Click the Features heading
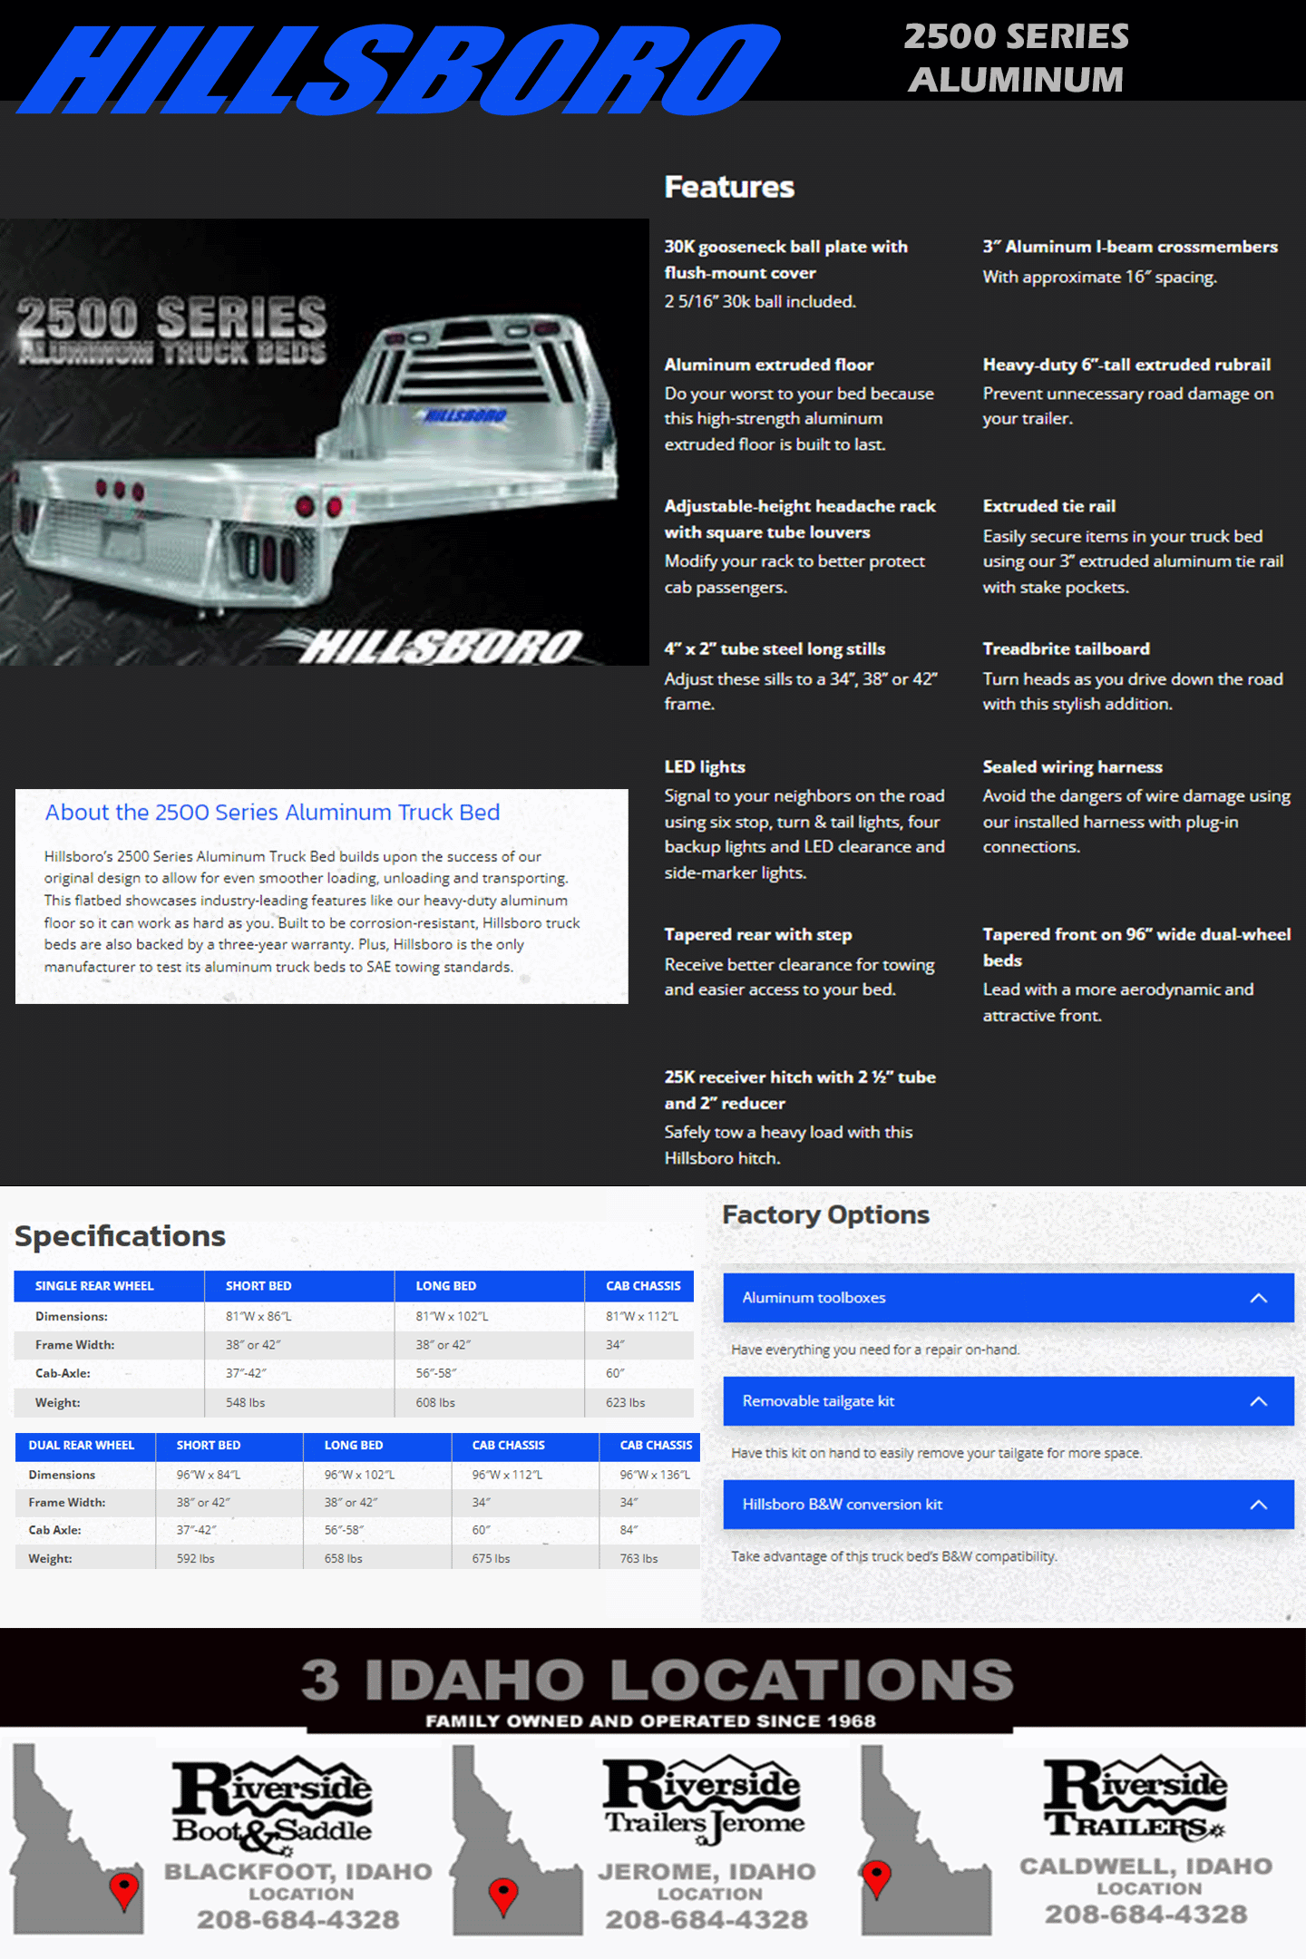pyautogui.click(x=729, y=187)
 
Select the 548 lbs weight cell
pyautogui.click(x=246, y=1402)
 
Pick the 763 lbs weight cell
pyautogui.click(x=638, y=1558)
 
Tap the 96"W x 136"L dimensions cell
pyautogui.click(x=655, y=1475)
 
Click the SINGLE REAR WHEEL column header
pyautogui.click(x=94, y=1286)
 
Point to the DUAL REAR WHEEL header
pyautogui.click(x=82, y=1445)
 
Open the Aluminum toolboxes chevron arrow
pyautogui.click(x=1258, y=1298)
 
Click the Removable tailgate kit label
pyautogui.click(x=818, y=1401)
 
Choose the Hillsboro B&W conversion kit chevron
pyautogui.click(x=1258, y=1505)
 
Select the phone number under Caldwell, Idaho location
pyautogui.click(x=1145, y=1914)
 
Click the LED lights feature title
pyautogui.click(x=705, y=767)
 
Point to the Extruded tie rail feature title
pyautogui.click(x=1048, y=506)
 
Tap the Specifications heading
pyautogui.click(x=120, y=1236)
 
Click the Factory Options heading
pyautogui.click(x=825, y=1215)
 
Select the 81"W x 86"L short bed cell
pyautogui.click(x=258, y=1316)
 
